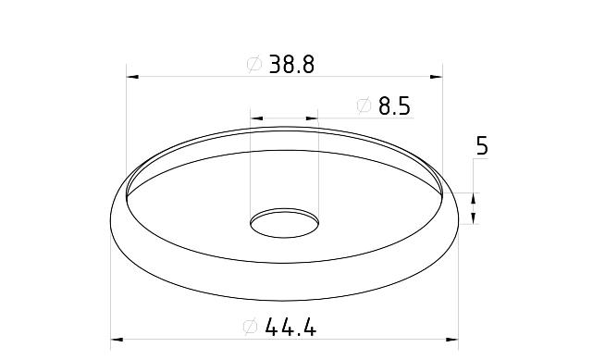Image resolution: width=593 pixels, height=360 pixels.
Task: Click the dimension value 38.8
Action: point(291,64)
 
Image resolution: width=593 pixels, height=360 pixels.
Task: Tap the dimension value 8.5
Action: point(394,106)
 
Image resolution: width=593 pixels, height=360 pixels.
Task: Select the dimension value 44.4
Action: point(290,327)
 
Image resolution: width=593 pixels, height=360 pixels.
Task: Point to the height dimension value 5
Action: point(482,146)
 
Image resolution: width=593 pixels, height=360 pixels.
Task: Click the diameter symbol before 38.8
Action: point(254,64)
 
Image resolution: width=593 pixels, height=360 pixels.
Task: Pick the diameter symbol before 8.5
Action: point(364,106)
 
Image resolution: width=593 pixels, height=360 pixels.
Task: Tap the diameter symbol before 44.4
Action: point(251,327)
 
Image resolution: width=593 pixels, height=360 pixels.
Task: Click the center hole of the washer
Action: point(284,223)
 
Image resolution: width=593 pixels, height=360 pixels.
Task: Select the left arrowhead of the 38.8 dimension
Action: point(132,77)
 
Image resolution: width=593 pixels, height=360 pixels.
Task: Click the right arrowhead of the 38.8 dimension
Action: point(437,77)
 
